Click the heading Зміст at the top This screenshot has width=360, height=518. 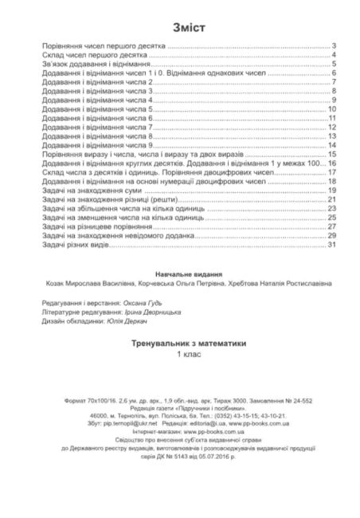coord(179,28)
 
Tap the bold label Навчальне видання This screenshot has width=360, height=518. coord(179,273)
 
